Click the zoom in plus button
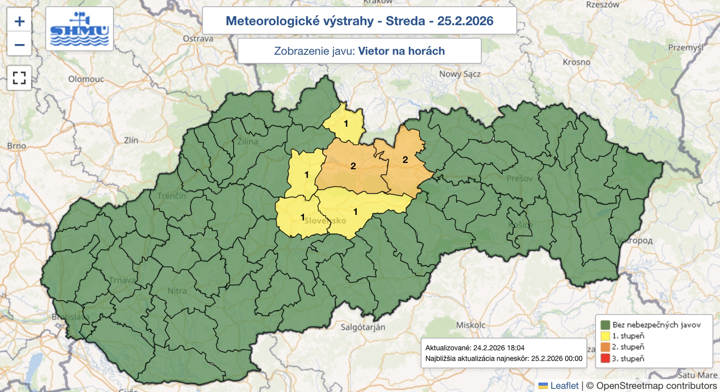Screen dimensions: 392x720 19,21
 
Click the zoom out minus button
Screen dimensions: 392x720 19,45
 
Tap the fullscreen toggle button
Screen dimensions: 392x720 19,78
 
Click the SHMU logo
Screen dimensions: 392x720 80,29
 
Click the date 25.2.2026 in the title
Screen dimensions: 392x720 465,21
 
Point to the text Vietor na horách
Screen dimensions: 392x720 401,51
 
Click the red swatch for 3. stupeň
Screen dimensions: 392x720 605,358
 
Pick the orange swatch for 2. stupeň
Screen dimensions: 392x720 605,347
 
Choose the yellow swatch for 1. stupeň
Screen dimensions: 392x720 605,336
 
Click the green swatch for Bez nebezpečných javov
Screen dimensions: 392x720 605,325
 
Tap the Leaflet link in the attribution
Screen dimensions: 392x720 564,386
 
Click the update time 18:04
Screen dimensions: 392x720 514,347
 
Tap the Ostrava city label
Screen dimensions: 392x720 198,39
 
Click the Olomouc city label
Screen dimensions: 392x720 86,79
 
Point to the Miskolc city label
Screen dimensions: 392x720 471,325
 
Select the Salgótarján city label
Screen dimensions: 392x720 363,327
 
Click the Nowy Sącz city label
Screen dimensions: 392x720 459,74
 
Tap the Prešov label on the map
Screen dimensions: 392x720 519,178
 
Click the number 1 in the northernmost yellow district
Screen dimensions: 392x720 346,123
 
